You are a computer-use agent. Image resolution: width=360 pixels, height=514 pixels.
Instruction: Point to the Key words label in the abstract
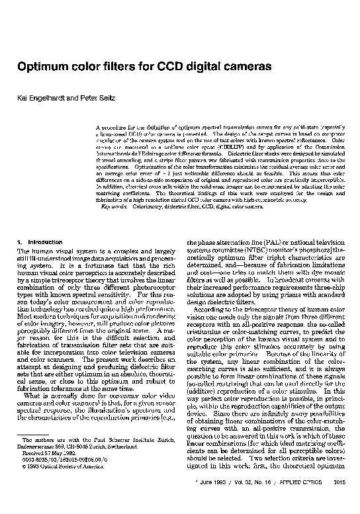tap(113, 226)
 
